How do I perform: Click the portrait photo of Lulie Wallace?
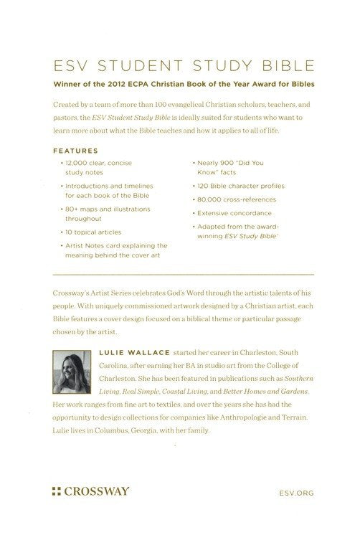click(72, 373)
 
